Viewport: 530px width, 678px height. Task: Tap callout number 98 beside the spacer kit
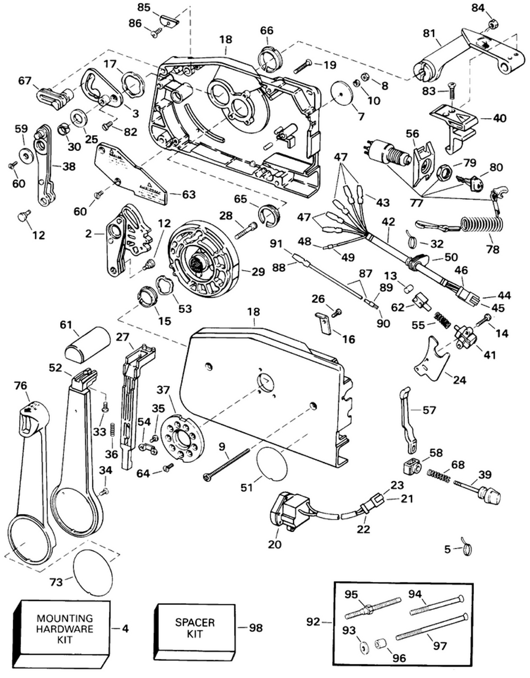coord(256,628)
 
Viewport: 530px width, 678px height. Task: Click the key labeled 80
coord(471,183)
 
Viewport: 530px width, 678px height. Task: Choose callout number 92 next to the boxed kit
coord(313,621)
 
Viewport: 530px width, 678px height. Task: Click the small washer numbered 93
coord(365,649)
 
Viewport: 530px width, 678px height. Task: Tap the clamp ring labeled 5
coord(466,550)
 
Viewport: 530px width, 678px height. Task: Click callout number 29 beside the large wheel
coord(258,272)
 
